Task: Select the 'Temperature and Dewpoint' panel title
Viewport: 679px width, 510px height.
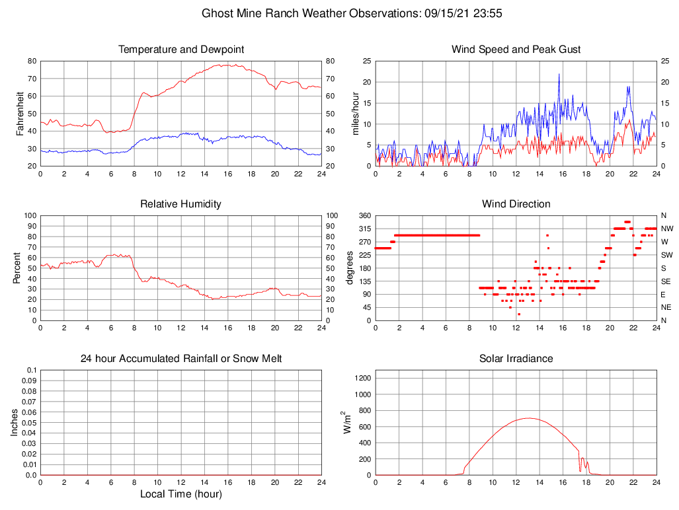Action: [x=180, y=50]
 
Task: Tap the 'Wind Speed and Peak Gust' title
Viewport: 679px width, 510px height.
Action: [x=516, y=50]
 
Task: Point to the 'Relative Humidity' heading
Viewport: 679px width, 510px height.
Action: [x=180, y=204]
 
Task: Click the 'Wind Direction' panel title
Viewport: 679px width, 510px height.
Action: [x=516, y=204]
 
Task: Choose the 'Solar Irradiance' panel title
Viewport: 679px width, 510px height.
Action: [x=516, y=359]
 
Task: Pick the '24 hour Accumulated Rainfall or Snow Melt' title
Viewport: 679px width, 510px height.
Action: [x=180, y=359]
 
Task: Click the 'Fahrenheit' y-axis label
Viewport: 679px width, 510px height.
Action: [x=20, y=114]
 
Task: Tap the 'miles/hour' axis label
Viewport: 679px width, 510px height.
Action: [x=355, y=114]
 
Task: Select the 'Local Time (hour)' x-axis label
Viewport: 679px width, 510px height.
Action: [x=180, y=494]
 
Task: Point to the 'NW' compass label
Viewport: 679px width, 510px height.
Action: [x=666, y=229]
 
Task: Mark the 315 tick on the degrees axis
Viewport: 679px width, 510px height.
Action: [x=364, y=229]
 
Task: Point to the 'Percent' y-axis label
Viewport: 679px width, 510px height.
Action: [x=17, y=268]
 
